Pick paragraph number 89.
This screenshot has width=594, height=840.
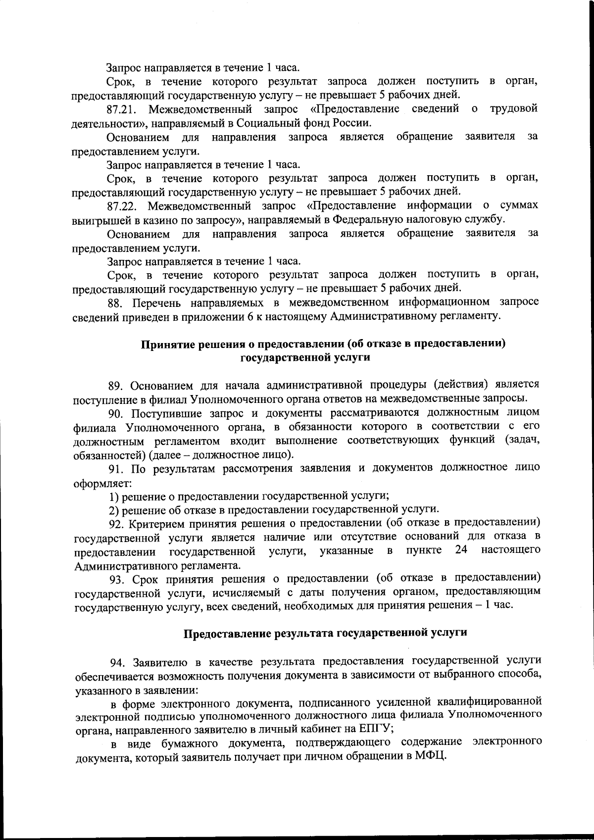[x=115, y=385]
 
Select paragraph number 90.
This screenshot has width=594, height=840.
[x=115, y=413]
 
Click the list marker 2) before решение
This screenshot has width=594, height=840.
[x=113, y=509]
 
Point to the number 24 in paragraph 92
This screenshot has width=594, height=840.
[x=460, y=550]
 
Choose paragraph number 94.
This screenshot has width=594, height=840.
[x=116, y=661]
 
